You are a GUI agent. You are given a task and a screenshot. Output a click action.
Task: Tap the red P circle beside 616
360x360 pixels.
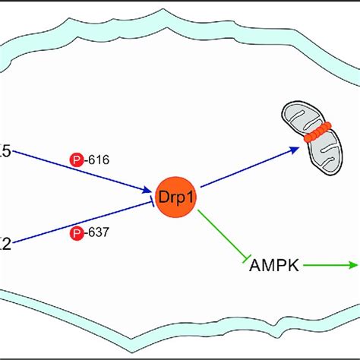pos(77,161)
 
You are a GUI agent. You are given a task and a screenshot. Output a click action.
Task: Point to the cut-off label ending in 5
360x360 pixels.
pos(5,151)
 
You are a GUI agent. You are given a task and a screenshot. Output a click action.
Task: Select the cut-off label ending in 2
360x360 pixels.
pos(5,244)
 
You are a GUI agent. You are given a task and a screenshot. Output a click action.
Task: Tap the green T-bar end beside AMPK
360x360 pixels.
pos(247,261)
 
